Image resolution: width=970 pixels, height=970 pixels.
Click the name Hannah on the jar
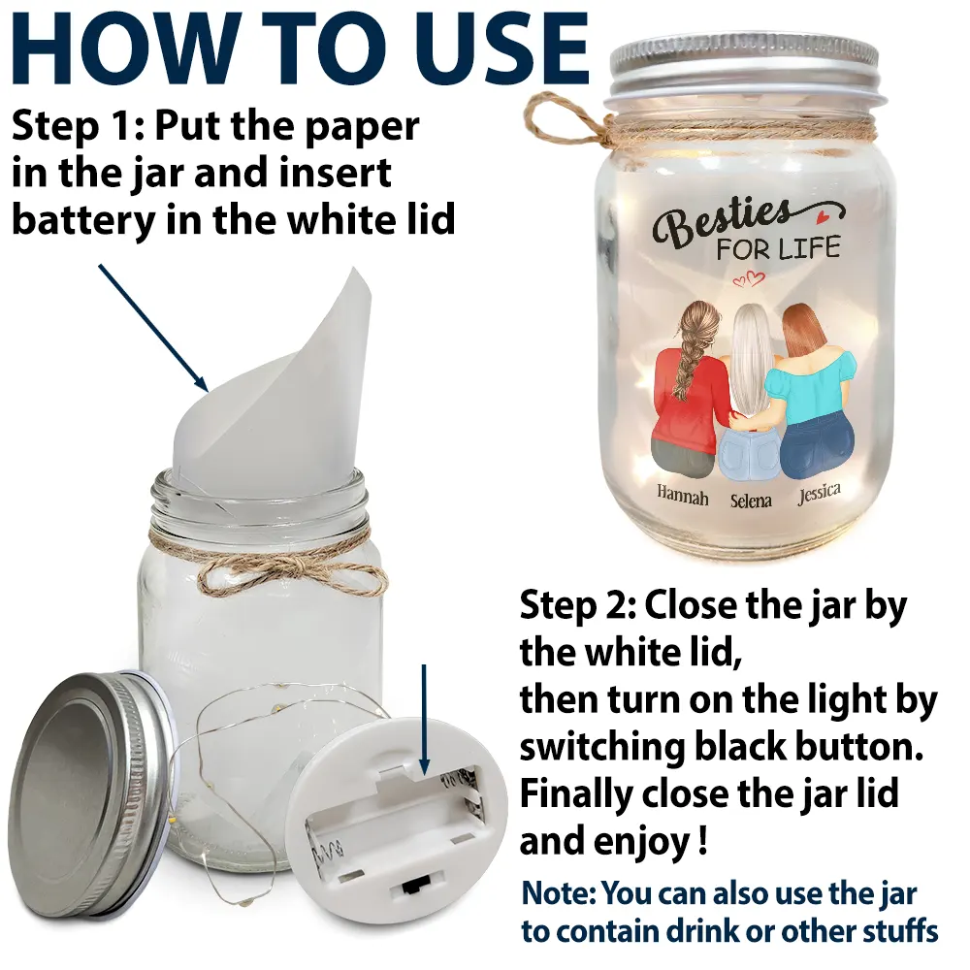coord(682,496)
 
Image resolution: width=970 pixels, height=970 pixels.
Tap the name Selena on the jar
coord(751,500)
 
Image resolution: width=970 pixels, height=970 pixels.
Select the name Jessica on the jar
coord(819,494)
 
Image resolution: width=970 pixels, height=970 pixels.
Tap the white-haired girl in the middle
coord(753,396)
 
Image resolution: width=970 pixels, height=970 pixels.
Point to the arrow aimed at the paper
coord(153,328)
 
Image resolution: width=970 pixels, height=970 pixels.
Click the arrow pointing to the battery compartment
coord(424,720)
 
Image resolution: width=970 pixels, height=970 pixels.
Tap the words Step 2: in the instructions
coord(578,606)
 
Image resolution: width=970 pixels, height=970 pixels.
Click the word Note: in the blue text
coord(559,893)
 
